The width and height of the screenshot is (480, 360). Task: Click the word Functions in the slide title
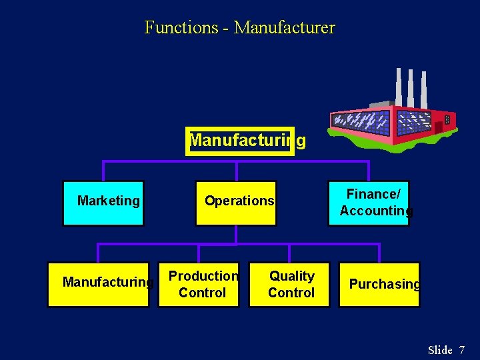coord(181,28)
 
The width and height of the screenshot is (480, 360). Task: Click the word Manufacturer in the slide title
coord(285,28)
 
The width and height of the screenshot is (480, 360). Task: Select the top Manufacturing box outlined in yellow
coord(240,141)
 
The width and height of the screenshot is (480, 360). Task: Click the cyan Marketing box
coord(103,203)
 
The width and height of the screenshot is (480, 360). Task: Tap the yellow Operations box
coord(235,203)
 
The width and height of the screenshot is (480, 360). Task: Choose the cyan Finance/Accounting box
coord(369,203)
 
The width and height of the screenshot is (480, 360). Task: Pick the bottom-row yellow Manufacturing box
coord(98,285)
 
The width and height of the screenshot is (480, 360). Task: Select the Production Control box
coord(199,285)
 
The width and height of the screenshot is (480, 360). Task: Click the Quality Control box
coord(289,285)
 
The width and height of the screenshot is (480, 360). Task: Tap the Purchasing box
coord(379,285)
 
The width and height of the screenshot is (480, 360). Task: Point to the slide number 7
coord(461,350)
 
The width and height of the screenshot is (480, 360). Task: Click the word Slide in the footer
coord(440,350)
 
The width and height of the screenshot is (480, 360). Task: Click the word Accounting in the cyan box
coord(376,211)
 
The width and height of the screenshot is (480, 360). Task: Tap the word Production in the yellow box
coord(203,276)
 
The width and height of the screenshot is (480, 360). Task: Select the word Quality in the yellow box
coord(292,276)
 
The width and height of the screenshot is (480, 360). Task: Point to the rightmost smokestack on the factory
coord(423,89)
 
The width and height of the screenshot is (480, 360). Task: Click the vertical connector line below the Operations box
coord(236,235)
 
